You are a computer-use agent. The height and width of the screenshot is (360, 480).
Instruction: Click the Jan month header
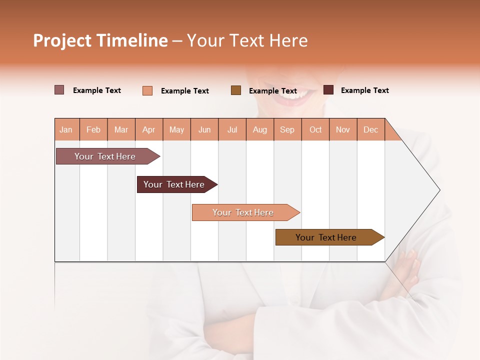[66, 129]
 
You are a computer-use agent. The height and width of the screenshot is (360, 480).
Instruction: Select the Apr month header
[148, 129]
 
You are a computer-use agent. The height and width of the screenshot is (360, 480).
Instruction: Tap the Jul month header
[232, 129]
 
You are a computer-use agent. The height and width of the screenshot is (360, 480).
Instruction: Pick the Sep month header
[287, 129]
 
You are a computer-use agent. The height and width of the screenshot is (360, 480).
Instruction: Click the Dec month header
[370, 129]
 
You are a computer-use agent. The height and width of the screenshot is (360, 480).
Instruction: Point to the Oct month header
[315, 129]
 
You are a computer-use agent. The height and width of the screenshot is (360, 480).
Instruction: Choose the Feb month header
[93, 129]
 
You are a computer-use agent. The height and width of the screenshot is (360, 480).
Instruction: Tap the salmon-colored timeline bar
[243, 212]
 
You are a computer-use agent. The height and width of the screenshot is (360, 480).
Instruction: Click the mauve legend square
[59, 90]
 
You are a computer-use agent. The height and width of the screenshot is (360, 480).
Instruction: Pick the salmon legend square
[147, 90]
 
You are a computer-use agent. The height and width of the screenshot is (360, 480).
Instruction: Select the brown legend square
[236, 90]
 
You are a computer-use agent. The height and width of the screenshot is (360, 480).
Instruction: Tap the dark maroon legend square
[328, 90]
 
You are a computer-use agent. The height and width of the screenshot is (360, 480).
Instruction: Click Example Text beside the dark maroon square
[364, 90]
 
